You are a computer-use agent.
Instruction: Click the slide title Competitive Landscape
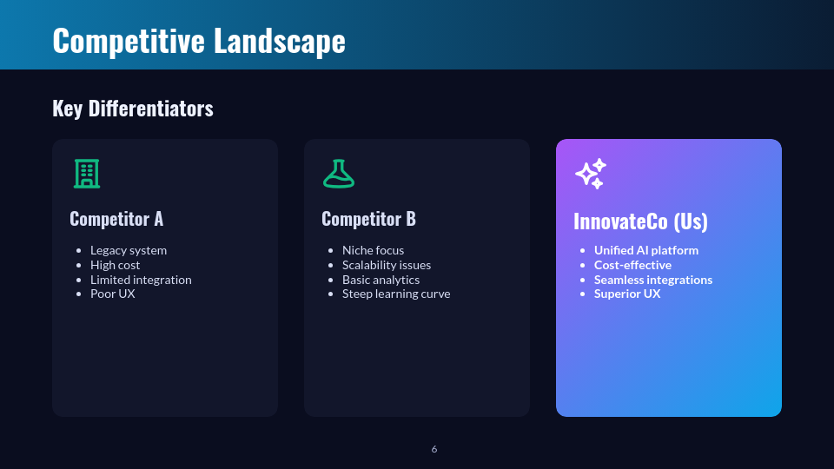coord(198,41)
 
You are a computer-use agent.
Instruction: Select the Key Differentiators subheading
coord(132,109)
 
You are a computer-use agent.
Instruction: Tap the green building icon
coord(86,174)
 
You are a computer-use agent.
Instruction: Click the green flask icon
coord(338,174)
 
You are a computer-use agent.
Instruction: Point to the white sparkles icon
coord(591,174)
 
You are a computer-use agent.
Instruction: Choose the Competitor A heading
coord(116,219)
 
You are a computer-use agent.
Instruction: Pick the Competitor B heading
coord(368,219)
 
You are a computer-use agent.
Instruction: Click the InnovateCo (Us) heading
coord(640,221)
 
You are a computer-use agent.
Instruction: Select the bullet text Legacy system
coord(129,250)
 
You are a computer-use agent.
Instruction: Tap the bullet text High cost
coord(115,265)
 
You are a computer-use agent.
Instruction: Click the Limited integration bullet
coord(141,280)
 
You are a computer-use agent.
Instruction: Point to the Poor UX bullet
coord(113,294)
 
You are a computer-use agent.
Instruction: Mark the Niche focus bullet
coord(373,250)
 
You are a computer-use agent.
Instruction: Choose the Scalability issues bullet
coord(387,265)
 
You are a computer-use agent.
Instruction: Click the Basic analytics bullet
coord(381,280)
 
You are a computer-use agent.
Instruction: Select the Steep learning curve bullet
coord(396,294)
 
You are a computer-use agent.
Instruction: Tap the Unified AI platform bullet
coord(646,250)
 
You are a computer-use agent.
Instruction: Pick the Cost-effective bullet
coord(632,265)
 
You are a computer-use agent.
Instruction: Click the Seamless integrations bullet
coord(653,280)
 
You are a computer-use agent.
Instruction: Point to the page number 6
coord(434,449)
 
